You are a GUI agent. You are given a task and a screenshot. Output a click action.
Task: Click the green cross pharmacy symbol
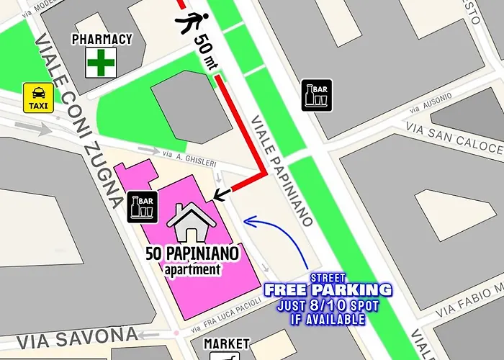(102, 63)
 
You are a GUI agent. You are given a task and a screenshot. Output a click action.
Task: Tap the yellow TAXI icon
(37, 96)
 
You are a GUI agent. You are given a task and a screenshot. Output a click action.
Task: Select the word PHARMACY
(102, 38)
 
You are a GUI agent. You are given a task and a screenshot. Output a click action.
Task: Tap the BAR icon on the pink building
(140, 206)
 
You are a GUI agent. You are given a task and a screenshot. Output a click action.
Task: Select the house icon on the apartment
(192, 221)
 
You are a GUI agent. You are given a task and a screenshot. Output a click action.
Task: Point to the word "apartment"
(192, 270)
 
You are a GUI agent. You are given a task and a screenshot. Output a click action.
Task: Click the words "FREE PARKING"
(328, 290)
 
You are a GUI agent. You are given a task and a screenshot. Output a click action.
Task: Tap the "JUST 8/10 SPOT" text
(328, 305)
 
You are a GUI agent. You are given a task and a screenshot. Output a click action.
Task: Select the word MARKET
(226, 344)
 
